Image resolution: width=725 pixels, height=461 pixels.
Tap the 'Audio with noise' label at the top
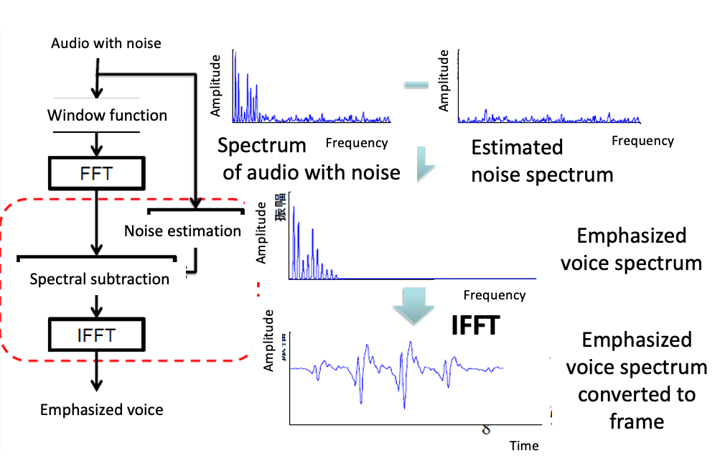[106, 44]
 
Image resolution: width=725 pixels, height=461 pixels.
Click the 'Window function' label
[107, 116]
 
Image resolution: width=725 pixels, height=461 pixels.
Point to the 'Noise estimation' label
[182, 231]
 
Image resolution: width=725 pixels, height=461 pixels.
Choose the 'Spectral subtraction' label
[99, 279]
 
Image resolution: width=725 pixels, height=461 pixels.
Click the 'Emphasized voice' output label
[102, 410]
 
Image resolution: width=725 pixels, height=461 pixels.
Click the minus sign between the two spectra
[416, 86]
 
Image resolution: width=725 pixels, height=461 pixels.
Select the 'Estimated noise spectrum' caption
[542, 161]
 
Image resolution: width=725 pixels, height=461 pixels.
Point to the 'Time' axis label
[524, 446]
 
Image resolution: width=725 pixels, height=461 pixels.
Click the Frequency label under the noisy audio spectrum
[357, 143]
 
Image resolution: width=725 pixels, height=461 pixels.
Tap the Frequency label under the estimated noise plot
[642, 141]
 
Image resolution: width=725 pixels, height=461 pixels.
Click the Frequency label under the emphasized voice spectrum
[495, 294]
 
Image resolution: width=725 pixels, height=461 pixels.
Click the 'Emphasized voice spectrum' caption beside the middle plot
[632, 249]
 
